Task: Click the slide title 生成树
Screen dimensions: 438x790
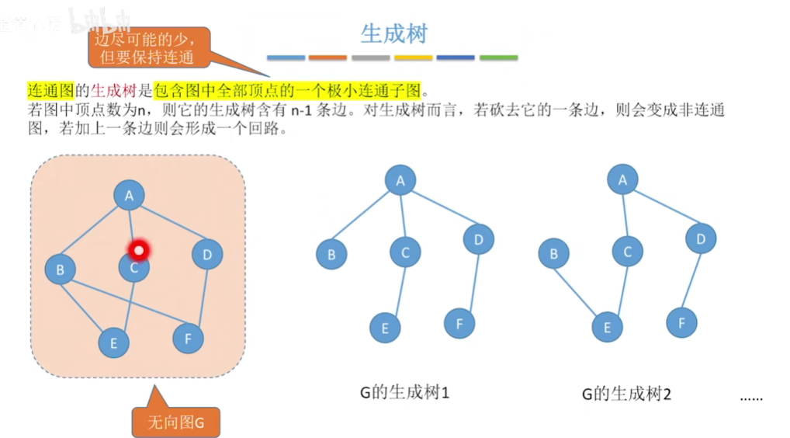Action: coord(394,33)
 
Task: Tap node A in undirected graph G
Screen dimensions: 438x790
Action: coord(129,196)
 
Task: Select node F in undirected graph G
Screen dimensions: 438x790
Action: coord(188,338)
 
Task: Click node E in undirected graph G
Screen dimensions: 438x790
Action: coord(114,342)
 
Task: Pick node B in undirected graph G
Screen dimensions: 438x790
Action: coord(60,270)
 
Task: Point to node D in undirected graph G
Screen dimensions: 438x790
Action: coord(206,254)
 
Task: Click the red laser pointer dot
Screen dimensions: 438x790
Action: coord(138,250)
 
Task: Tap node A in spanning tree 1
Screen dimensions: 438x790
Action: coord(400,181)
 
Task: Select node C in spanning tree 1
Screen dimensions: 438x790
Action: coord(405,252)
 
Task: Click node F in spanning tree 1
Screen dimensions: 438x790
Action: coord(459,322)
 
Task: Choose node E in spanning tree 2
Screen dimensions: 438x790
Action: coord(607,327)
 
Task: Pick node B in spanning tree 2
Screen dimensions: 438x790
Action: coord(553,253)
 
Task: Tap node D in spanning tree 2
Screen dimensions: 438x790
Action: coord(700,239)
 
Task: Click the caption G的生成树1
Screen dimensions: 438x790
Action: coord(404,392)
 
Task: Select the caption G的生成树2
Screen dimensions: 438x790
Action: coord(625,394)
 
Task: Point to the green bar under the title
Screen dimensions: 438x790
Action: coord(498,58)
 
